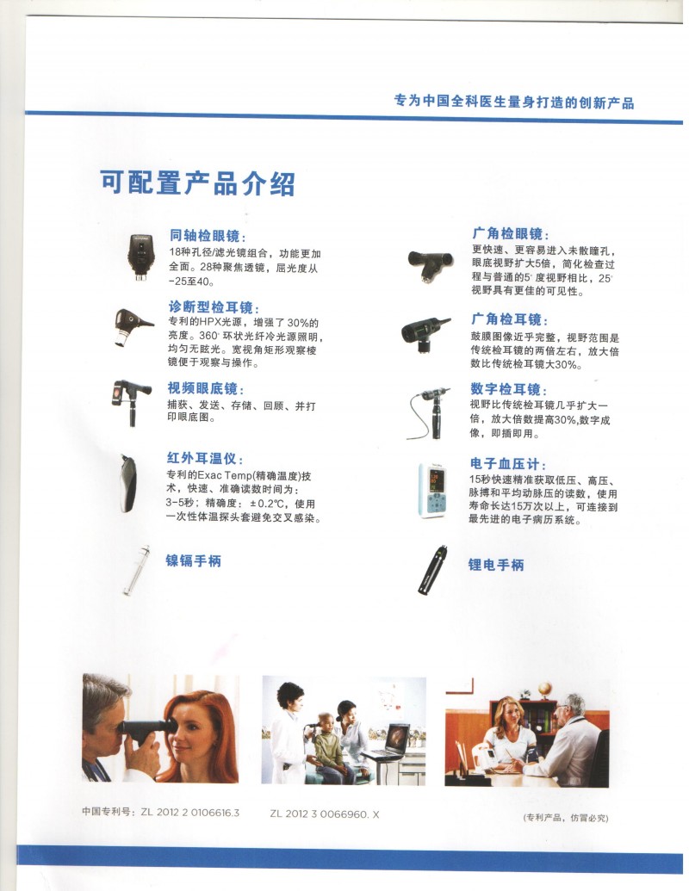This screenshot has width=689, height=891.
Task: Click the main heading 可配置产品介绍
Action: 197,183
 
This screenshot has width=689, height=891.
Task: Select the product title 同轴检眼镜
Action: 207,236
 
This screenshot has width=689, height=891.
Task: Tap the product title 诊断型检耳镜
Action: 214,307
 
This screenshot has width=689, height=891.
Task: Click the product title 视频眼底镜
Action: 207,389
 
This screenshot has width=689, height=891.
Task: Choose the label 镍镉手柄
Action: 194,560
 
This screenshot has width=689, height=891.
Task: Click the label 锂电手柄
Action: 496,565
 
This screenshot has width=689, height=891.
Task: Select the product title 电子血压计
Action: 508,464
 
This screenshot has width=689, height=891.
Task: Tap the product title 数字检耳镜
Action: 508,389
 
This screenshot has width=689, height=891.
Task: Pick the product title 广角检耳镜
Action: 508,319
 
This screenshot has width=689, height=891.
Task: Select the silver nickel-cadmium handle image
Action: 134,571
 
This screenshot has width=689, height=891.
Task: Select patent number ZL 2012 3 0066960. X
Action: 324,813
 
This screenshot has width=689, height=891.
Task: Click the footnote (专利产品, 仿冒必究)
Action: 565,817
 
